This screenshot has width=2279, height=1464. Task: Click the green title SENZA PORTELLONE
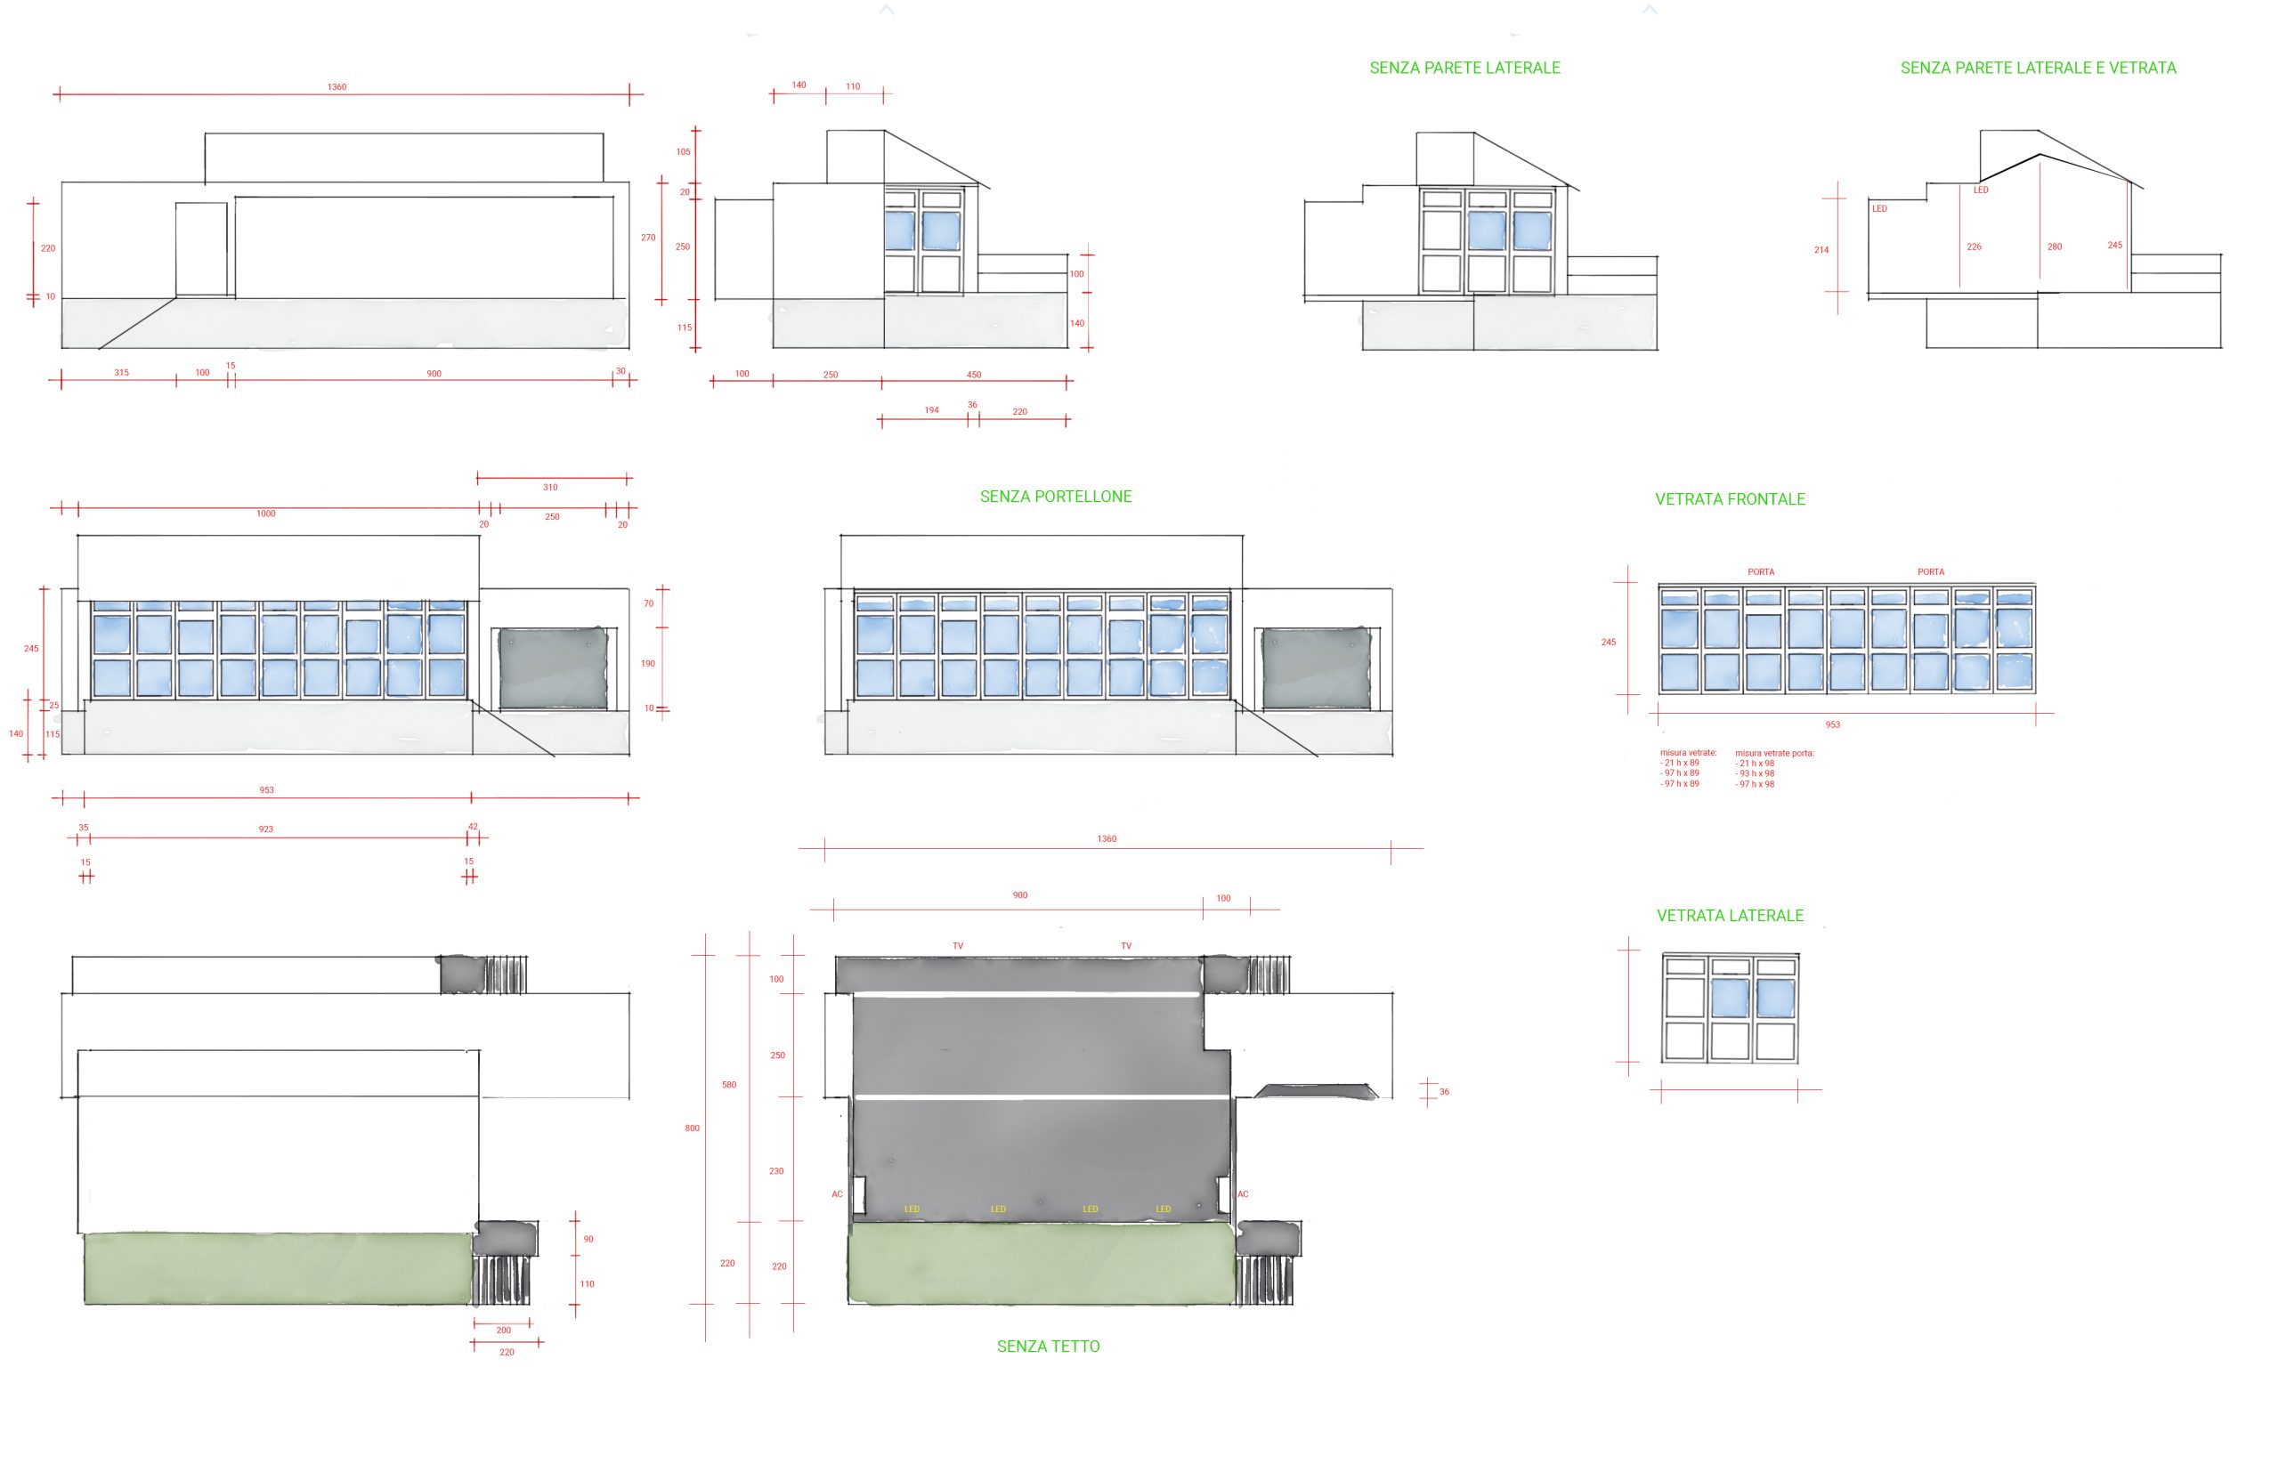pyautogui.click(x=1055, y=497)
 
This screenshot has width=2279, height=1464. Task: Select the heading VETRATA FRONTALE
pyautogui.click(x=1730, y=499)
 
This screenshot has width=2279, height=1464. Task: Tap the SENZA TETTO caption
pyautogui.click(x=1048, y=1347)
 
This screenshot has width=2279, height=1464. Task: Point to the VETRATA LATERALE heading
pyautogui.click(x=1730, y=916)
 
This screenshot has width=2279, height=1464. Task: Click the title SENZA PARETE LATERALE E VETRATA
pyautogui.click(x=2038, y=68)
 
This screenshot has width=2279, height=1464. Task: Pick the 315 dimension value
pyautogui.click(x=122, y=373)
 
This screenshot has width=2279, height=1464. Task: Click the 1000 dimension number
pyautogui.click(x=266, y=514)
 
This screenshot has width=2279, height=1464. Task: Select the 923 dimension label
pyautogui.click(x=266, y=829)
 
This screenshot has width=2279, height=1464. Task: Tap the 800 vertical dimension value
pyautogui.click(x=693, y=1128)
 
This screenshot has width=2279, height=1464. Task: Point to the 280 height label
pyautogui.click(x=2055, y=247)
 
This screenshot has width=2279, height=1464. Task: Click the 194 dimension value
pyautogui.click(x=932, y=410)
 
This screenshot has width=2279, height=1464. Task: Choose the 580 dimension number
pyautogui.click(x=729, y=1085)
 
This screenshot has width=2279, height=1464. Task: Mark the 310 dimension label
pyautogui.click(x=550, y=487)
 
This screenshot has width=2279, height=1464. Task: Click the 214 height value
pyautogui.click(x=1821, y=250)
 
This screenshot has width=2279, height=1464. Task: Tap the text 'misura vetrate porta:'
pyautogui.click(x=1774, y=753)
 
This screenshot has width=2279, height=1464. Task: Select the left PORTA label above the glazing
pyautogui.click(x=1761, y=572)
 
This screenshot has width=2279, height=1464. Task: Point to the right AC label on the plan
pyautogui.click(x=1243, y=1194)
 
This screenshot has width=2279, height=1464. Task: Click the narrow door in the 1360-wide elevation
pyautogui.click(x=201, y=249)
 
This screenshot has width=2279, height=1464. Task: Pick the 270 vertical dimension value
pyautogui.click(x=648, y=238)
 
